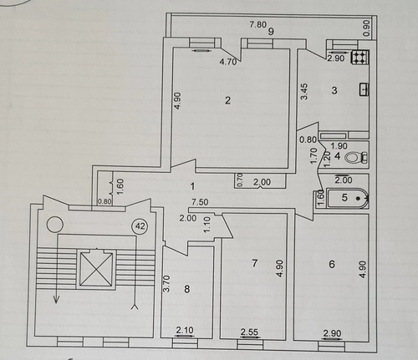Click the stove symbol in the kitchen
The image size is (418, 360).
tap(360, 58)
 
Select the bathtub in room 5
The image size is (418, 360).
tap(348, 198)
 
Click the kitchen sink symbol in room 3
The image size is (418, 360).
tap(364, 89)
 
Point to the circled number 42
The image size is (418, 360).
tap(140, 226)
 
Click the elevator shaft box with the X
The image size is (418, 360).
tap(96, 268)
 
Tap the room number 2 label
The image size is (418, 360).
tap(228, 100)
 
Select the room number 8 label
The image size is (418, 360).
tap(187, 289)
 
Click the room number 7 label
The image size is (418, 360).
tap(254, 263)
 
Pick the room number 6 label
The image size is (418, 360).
tap(332, 264)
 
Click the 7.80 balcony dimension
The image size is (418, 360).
tap(257, 25)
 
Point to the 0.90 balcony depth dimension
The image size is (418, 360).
tap(367, 28)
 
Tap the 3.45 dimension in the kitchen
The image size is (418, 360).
tap(304, 92)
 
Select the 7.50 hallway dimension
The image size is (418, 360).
tap(200, 201)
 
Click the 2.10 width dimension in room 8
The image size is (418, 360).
tap(185, 330)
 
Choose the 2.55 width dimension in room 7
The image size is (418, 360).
tap(249, 332)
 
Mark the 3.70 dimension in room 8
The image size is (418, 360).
tap(166, 283)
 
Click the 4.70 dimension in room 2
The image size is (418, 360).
tap(228, 62)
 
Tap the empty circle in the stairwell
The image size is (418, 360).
tap(55, 225)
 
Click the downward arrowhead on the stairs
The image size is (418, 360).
tap(57, 300)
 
